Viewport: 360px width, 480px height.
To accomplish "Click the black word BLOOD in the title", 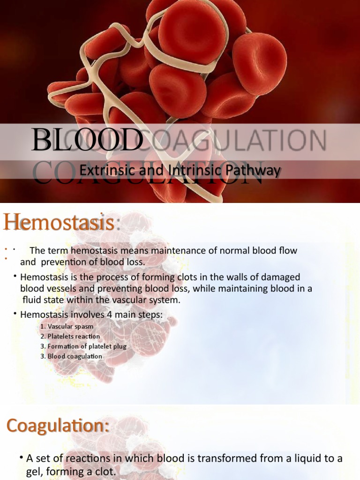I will point(87,139).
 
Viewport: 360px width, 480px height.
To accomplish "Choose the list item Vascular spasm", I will point(70,326).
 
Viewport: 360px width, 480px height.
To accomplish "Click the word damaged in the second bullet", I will point(280,277).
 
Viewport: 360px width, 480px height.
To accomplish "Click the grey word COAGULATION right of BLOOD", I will point(234,141).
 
